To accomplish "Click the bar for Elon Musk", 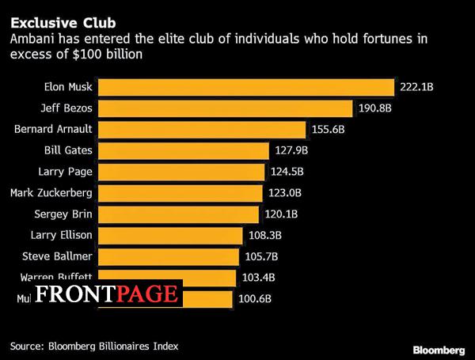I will coord(245,86).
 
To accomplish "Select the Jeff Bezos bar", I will coord(225,108).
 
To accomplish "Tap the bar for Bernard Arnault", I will coord(201,129).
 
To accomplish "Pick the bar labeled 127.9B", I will coord(183,150).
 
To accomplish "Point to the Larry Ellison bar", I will coord(170,235).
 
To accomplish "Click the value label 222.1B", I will coord(417,86).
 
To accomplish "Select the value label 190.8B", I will coord(375,108).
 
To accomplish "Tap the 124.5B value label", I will coord(288,172).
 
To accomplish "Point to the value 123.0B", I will coord(286,192).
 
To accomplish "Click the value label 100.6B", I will coord(255,299).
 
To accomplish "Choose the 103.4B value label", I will coord(259,278).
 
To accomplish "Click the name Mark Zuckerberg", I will coord(51,192).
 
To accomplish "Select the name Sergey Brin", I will coord(63,214).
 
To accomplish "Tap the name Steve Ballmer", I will coord(57,256).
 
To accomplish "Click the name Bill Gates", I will coord(68,150).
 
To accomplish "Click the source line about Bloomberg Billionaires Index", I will coord(94,345).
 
